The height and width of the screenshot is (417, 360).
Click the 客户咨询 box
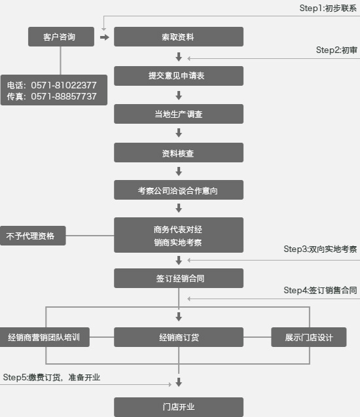pos(61,37)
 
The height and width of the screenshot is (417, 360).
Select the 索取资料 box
pos(179,37)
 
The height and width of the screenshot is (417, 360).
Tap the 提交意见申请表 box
pos(179,76)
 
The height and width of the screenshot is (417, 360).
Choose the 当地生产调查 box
pos(179,114)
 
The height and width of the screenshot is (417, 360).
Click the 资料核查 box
pos(179,153)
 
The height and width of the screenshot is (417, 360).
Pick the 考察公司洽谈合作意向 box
pos(179,190)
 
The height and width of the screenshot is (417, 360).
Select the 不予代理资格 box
pos(33,236)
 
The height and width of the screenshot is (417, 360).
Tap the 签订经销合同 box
pos(179,278)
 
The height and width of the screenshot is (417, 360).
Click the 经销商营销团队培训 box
pos(45,337)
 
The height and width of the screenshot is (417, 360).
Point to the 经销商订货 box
pos(179,337)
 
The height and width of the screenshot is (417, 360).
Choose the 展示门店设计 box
pos(309,337)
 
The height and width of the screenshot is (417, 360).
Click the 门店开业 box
pos(179,407)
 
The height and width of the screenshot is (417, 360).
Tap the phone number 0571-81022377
pos(63,85)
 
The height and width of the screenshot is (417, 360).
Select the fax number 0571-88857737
pos(63,96)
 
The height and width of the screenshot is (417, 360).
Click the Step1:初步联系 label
pos(328,9)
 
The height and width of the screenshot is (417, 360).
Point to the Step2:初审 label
pos(336,50)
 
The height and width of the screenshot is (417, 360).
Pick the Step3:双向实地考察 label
pos(320,249)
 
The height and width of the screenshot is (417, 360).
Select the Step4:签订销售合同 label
pos(320,290)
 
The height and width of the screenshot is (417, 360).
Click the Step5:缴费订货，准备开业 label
pos(52,377)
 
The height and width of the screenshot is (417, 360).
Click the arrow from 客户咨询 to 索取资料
pos(105,37)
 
